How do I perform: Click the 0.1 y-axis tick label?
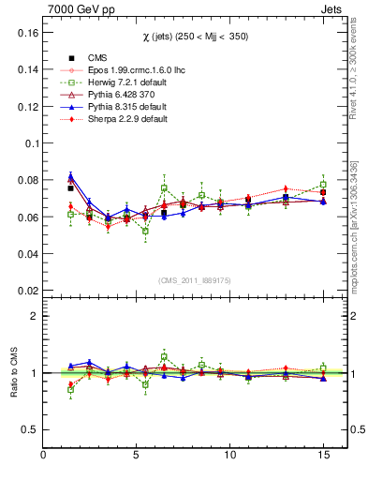tap(28, 143)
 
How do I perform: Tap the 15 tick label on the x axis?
tap(323, 456)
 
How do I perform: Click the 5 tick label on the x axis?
tap(137, 456)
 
